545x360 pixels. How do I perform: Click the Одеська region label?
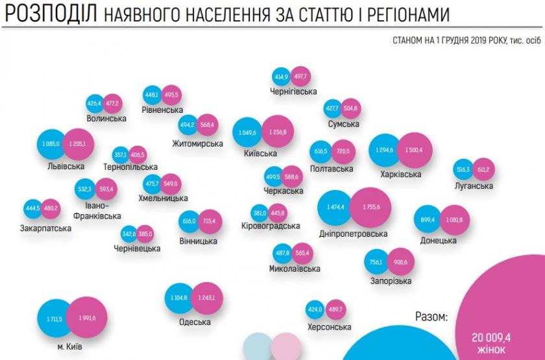coord(195,322)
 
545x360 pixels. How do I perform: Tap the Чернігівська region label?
coord(293,91)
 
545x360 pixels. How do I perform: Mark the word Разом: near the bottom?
coord(431,317)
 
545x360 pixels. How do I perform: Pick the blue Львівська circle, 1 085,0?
coord(50,143)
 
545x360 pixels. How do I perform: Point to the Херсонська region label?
coord(329,328)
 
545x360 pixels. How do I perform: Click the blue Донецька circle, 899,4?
coord(428,220)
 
